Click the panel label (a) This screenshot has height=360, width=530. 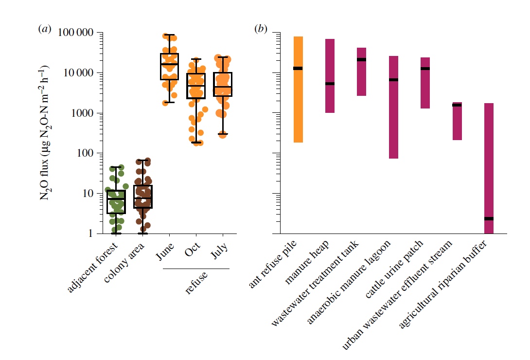pos(44,29)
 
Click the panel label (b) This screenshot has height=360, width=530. pos(261,29)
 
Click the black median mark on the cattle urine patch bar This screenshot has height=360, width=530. pos(425,69)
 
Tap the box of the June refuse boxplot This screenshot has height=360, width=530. pos(169,67)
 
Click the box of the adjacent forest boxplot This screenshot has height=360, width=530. pos(116,202)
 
